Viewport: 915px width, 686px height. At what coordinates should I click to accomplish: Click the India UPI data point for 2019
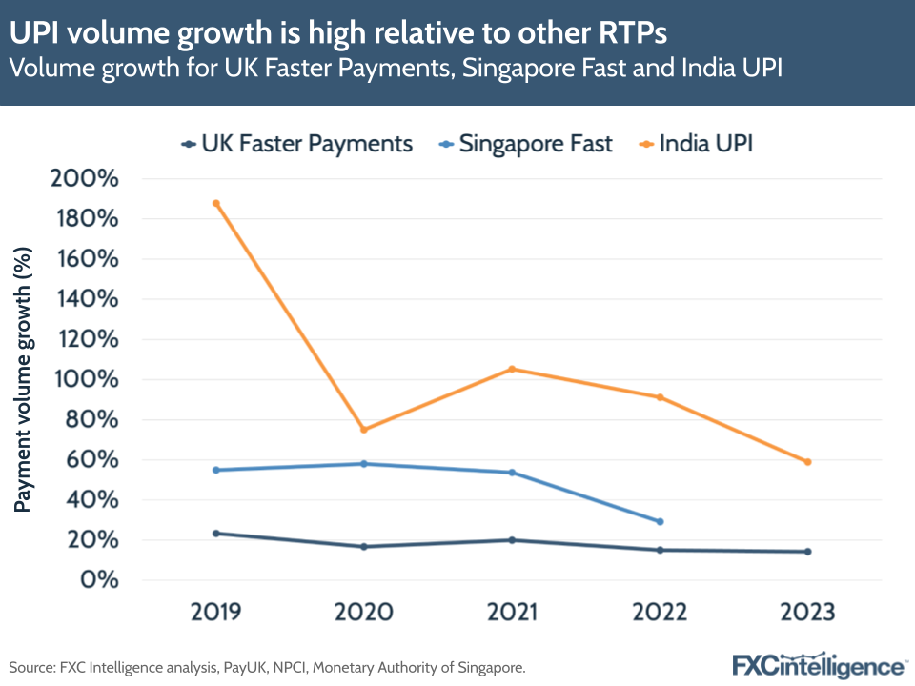click(216, 203)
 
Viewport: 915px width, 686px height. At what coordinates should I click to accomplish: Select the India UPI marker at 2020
click(364, 430)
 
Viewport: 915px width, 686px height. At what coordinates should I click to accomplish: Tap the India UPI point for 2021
click(512, 369)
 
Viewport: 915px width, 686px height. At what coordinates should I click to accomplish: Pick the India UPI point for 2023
click(807, 462)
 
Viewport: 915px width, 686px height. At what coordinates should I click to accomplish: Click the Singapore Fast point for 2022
click(660, 521)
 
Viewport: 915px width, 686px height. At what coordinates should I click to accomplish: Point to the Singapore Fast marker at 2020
click(364, 464)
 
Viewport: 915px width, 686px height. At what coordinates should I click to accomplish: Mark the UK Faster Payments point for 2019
click(216, 534)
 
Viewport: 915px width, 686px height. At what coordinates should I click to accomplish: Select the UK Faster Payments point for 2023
click(807, 552)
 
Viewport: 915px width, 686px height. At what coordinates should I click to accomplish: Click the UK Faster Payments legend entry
click(296, 144)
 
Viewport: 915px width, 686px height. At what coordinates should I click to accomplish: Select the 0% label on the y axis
click(100, 580)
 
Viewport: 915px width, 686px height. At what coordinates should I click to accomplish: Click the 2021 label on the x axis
click(512, 612)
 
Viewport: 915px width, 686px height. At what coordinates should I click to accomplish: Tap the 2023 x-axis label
click(807, 612)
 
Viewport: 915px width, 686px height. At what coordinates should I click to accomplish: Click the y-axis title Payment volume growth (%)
click(24, 379)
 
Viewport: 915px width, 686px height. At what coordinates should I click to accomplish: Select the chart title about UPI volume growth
click(338, 32)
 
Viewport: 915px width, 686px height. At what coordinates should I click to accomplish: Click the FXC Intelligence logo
click(820, 664)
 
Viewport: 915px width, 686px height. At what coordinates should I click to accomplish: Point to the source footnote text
click(267, 667)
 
